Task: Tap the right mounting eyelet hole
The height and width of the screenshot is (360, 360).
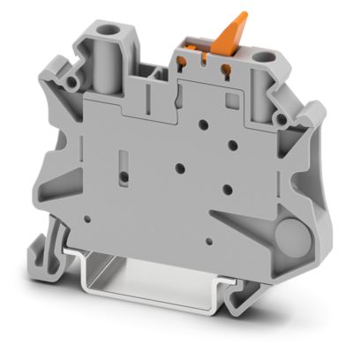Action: pyautogui.click(x=282, y=116)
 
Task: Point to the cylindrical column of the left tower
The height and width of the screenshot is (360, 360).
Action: pyautogui.click(x=113, y=66)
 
